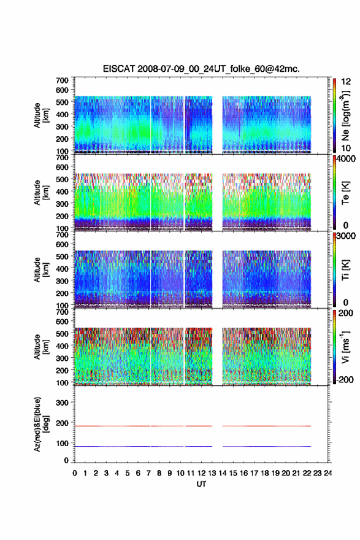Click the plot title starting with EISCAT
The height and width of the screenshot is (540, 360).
[201, 69]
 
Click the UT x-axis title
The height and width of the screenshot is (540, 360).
[201, 484]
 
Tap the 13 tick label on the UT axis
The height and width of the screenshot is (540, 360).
[212, 473]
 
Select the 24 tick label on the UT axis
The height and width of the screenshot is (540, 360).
[327, 473]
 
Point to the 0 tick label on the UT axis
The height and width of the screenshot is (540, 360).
[75, 473]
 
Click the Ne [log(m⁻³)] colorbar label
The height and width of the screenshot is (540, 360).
[345, 116]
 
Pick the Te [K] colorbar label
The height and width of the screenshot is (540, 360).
[345, 193]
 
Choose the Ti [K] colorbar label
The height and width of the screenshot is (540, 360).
[345, 270]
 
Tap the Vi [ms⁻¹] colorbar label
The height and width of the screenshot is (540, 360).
[345, 347]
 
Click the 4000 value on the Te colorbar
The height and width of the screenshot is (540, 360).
[346, 160]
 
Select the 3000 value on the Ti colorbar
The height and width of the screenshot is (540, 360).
[346, 236]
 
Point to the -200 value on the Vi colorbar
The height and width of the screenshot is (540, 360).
[345, 379]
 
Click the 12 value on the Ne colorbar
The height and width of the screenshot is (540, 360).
[346, 82]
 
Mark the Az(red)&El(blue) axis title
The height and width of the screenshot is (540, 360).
[41, 424]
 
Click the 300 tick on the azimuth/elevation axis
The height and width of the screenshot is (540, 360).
[62, 403]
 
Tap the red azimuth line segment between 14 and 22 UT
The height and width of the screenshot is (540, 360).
[267, 426]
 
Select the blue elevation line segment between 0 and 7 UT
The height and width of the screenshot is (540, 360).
[113, 446]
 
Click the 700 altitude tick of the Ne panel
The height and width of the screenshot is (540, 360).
[62, 80]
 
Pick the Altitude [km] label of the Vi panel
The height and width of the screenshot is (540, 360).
[41, 347]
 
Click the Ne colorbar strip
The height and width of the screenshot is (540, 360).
[334, 116]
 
